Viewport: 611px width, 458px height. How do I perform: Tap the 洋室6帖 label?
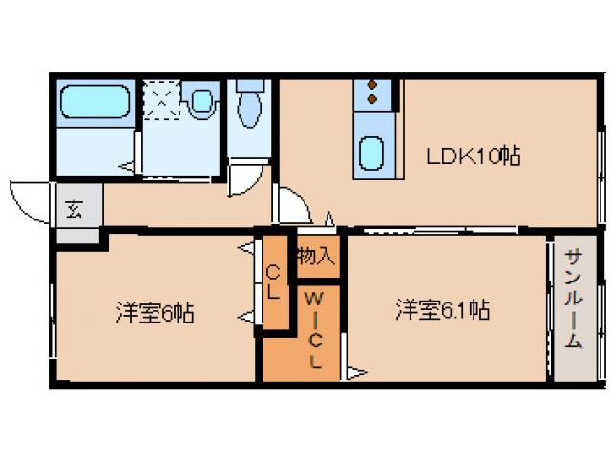(x=156, y=312)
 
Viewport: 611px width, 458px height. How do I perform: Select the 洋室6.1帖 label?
(x=443, y=310)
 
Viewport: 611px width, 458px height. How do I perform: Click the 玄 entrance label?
(x=74, y=209)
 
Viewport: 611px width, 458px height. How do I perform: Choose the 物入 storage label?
(x=316, y=257)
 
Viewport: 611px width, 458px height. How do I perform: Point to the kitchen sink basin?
(x=371, y=151)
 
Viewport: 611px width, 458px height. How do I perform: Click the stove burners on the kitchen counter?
(x=372, y=92)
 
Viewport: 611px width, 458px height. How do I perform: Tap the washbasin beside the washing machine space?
(x=201, y=99)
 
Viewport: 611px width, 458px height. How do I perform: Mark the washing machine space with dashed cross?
(x=161, y=99)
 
